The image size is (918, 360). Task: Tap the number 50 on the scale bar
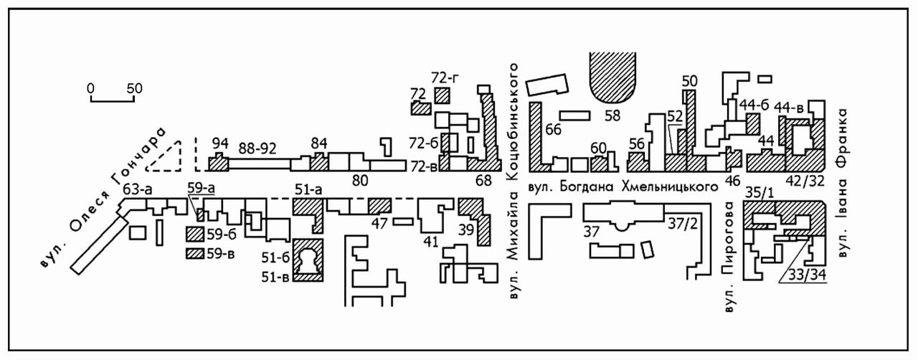coord(134,88)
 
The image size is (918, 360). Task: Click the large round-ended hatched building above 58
coord(612,77)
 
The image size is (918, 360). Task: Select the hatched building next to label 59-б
coord(195,234)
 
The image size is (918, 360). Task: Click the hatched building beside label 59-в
coord(195,253)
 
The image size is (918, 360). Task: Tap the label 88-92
coord(257,148)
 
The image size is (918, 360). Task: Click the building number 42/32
coord(805,181)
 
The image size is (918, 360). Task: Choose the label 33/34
coord(807,275)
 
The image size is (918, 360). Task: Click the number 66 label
coord(553,130)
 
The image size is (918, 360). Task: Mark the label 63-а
coord(138,189)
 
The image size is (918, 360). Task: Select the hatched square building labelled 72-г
coord(443,95)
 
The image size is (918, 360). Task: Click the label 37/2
coord(682,224)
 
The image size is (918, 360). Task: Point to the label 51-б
coord(276,257)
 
